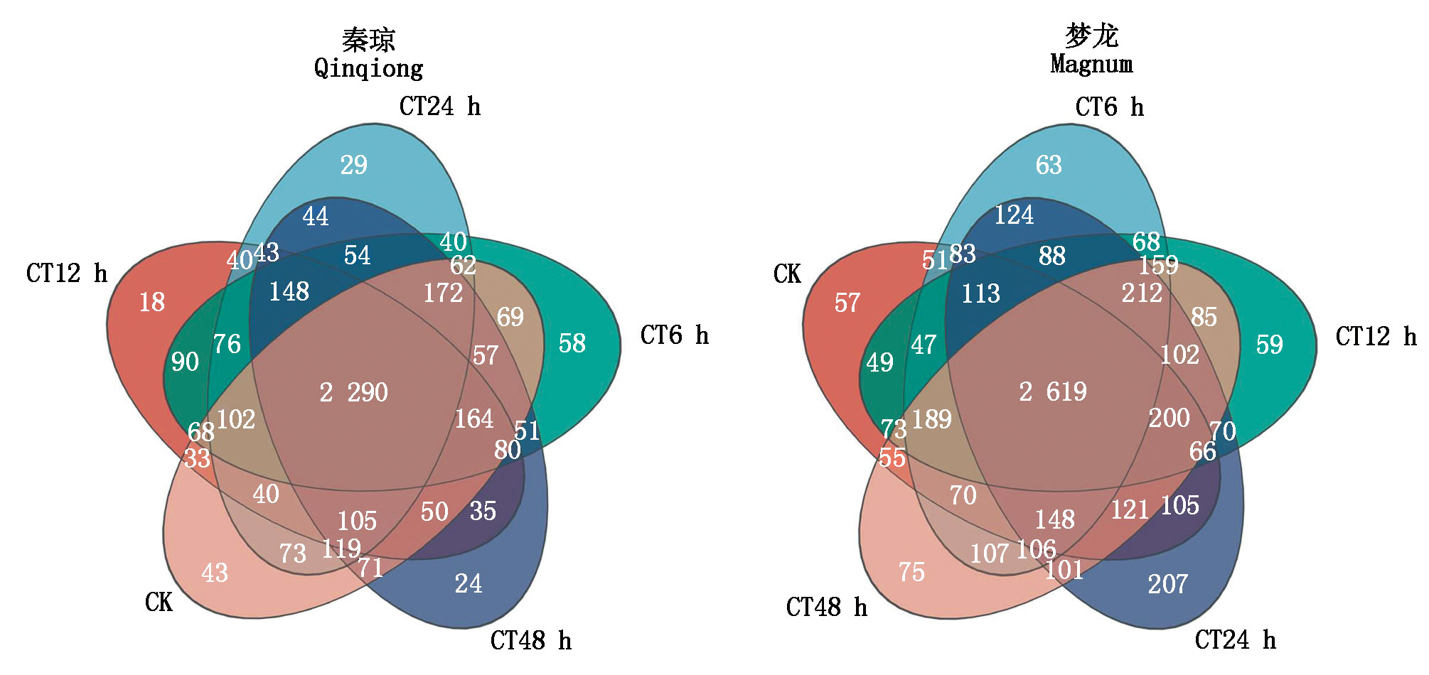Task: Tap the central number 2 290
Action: click(353, 392)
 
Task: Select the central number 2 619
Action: click(1052, 391)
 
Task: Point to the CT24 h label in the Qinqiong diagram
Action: click(439, 107)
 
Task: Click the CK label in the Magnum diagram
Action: click(787, 274)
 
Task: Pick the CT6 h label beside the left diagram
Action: click(674, 335)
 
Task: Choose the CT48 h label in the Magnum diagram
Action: click(826, 607)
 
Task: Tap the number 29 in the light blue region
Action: click(353, 165)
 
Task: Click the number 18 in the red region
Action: click(152, 302)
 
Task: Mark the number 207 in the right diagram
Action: click(1167, 584)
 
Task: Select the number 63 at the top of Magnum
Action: click(1049, 165)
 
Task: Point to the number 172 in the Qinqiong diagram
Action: click(443, 293)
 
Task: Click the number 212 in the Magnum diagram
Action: click(1142, 293)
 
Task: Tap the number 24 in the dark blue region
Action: click(469, 584)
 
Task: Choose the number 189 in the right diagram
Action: click(931, 419)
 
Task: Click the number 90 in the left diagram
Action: click(185, 362)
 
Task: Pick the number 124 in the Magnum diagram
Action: click(1014, 215)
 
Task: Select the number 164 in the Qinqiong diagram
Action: click(474, 418)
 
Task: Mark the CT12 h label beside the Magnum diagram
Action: click(1376, 337)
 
